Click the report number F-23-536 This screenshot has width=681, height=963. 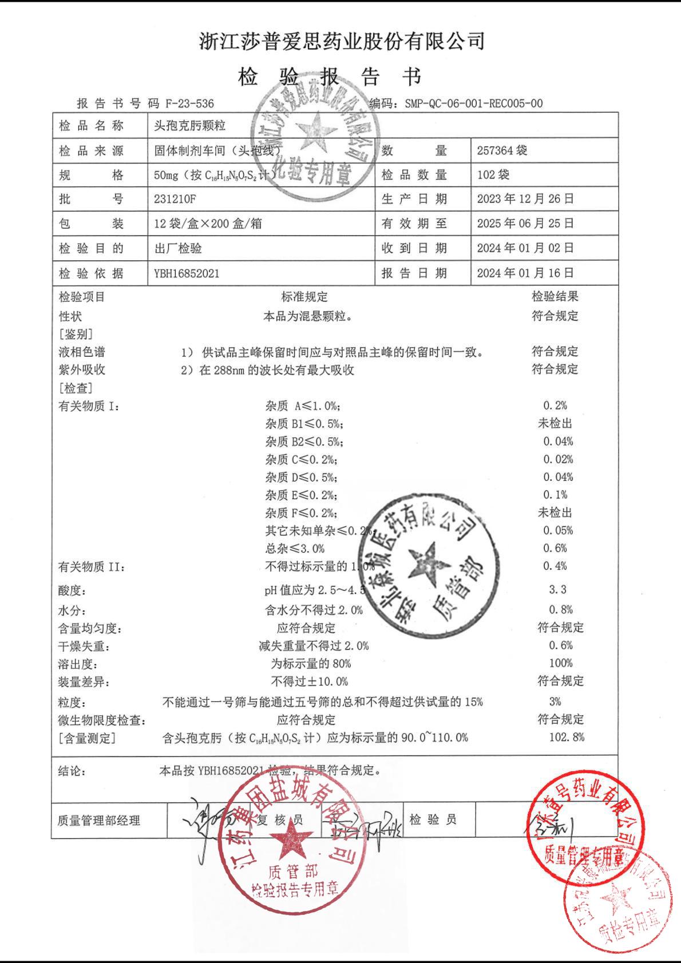pos(189,104)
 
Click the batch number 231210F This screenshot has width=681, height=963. pos(178,199)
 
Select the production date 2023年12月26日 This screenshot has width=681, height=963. pos(525,199)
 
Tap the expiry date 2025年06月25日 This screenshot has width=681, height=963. pos(525,224)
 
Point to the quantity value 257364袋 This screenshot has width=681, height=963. pos(502,150)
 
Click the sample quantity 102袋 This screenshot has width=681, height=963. pos(493,174)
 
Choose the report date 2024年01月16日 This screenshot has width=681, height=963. pos(525,273)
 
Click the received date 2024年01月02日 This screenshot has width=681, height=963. pos(525,248)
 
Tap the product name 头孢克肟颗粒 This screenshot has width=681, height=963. pos(189,126)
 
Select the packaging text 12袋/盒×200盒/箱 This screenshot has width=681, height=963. pos(208,224)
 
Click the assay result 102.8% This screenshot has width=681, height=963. pos(567,737)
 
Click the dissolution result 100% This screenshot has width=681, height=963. pos(560,663)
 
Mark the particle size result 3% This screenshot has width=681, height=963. pos(555,702)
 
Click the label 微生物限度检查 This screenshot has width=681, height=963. pos(101,721)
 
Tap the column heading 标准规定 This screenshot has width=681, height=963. pos(304,297)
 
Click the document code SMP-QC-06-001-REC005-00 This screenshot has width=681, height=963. pos(473,104)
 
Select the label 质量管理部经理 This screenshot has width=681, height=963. pos(98,821)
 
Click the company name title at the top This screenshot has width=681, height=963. pos(342,41)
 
